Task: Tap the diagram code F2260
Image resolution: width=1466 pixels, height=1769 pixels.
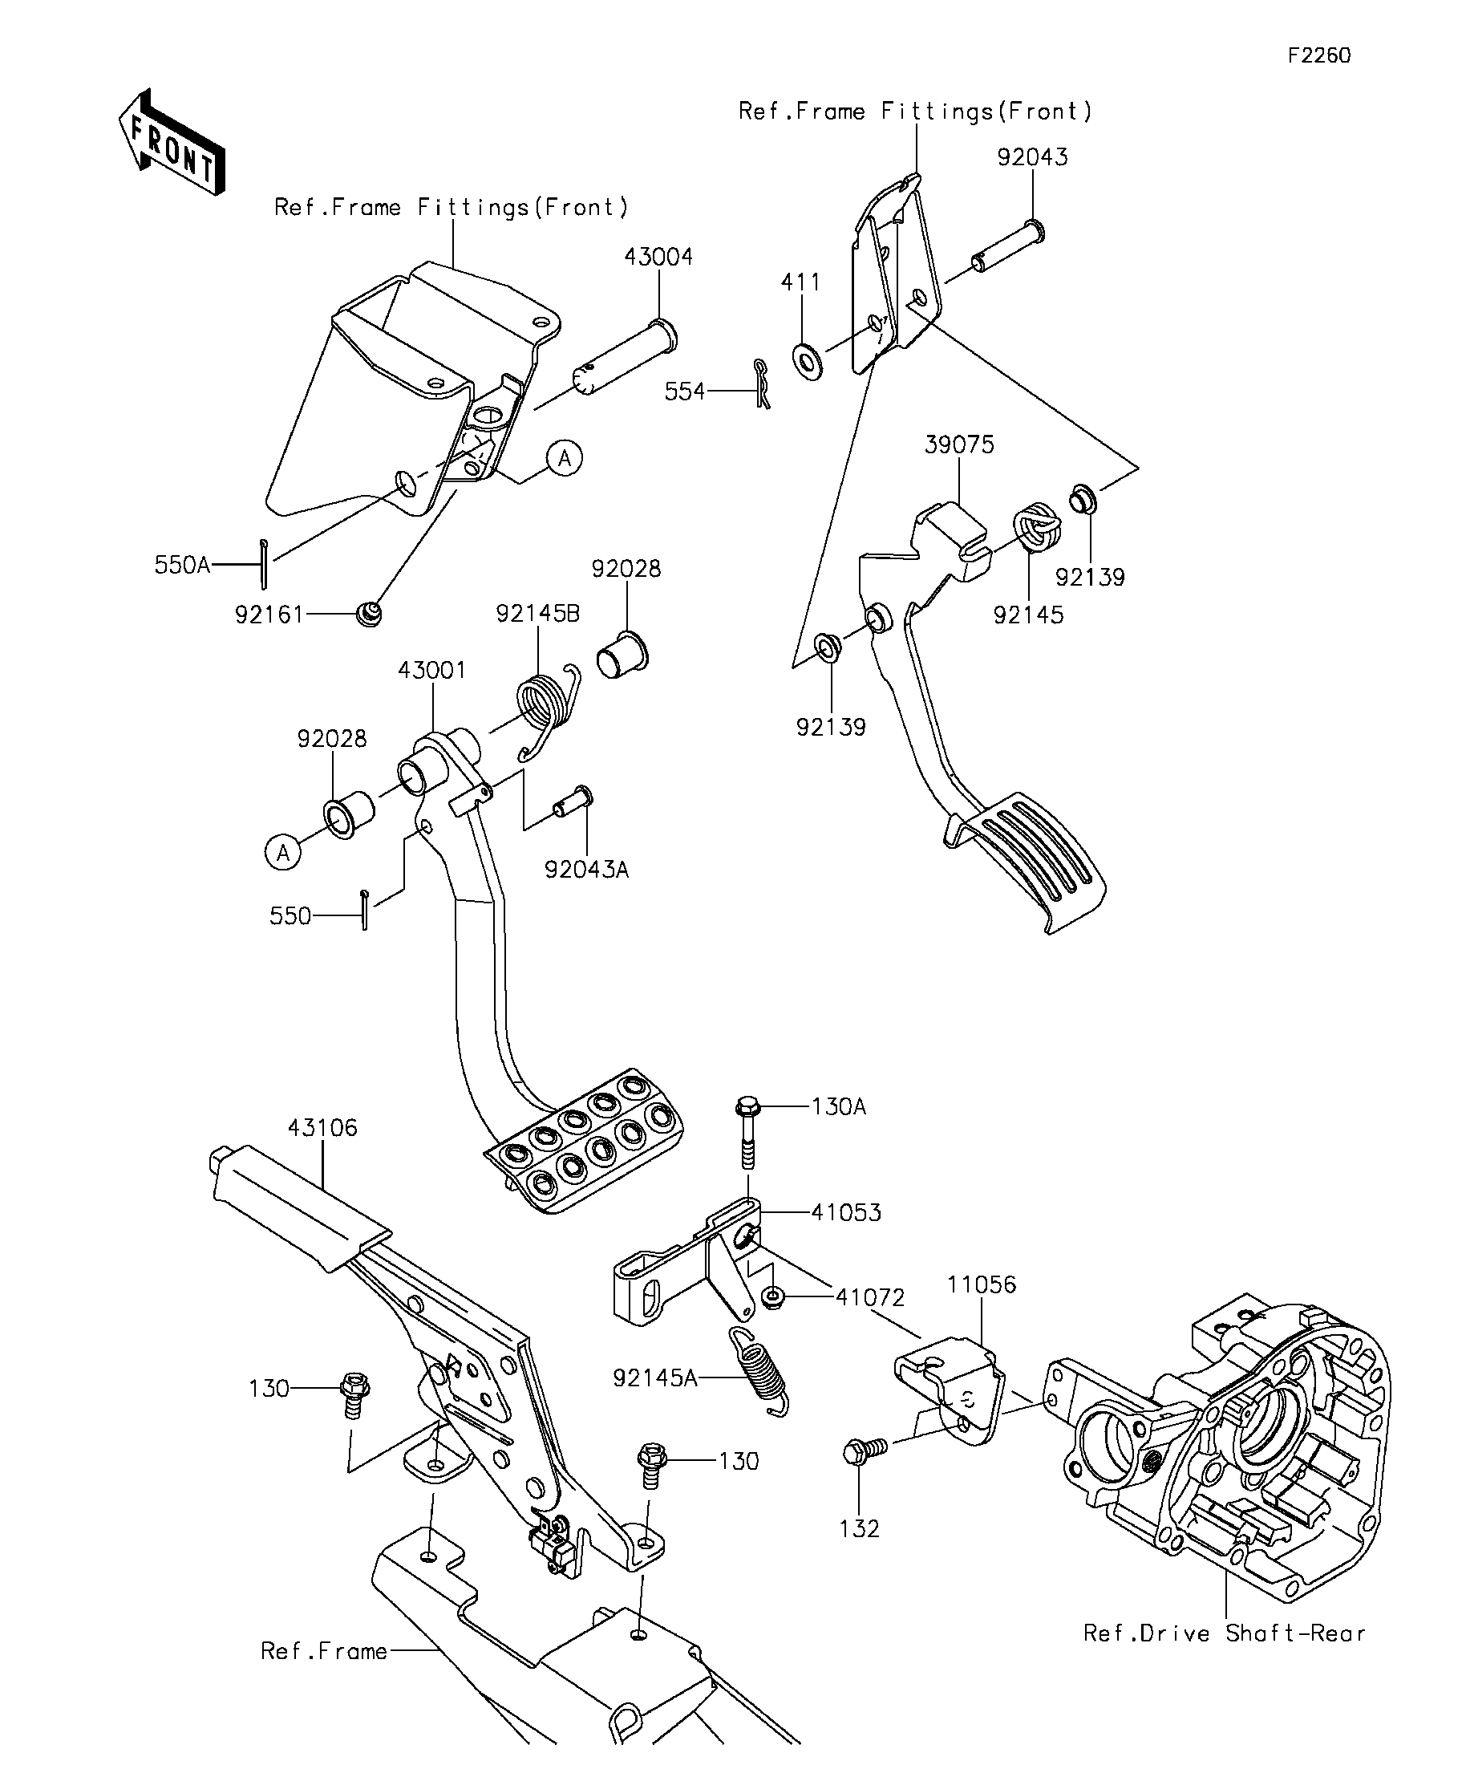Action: (1318, 55)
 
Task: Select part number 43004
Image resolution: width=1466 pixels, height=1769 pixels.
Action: (658, 257)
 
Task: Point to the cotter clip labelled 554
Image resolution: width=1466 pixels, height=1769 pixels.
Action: (762, 384)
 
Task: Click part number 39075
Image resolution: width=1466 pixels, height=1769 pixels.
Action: (959, 444)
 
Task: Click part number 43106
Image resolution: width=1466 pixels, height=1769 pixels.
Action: (322, 1127)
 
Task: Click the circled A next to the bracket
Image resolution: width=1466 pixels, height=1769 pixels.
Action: (564, 458)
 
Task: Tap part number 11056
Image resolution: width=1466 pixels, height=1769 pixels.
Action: (981, 1284)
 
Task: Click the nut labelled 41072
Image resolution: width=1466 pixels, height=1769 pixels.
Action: (771, 1298)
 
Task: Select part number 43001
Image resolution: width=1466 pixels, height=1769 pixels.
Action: (432, 671)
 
